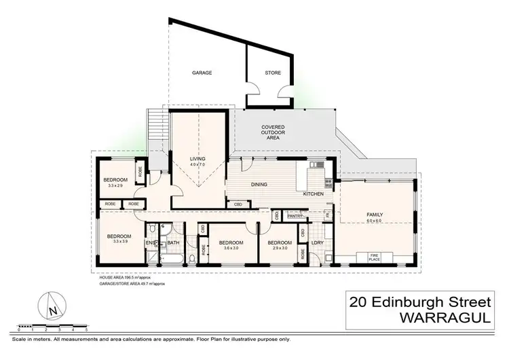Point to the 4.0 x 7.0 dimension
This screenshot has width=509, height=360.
coord(197,164)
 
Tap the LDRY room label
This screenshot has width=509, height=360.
coord(316,243)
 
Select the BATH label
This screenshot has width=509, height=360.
coord(173,243)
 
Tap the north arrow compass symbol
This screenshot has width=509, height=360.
coord(52,307)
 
